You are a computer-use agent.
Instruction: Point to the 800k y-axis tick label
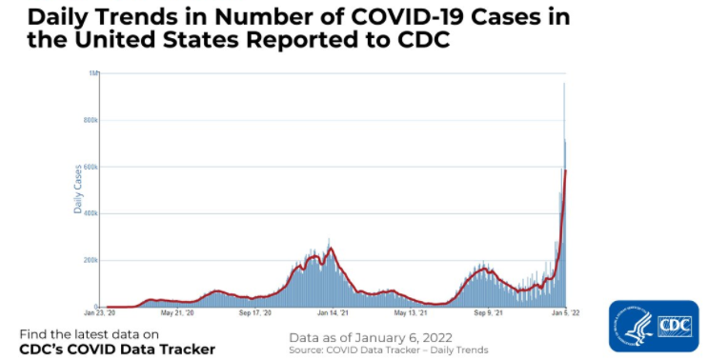(91, 120)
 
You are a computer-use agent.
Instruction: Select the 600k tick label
(91, 167)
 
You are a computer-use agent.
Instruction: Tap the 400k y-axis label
(91, 213)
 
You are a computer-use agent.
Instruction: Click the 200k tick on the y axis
(91, 260)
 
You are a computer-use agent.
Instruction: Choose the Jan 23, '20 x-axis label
(101, 312)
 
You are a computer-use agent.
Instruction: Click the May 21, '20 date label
(178, 312)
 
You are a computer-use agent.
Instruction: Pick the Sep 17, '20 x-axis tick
(255, 312)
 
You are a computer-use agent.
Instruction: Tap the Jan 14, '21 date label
(334, 312)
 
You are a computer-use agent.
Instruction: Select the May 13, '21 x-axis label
(411, 312)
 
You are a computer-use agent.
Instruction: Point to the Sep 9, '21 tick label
(489, 312)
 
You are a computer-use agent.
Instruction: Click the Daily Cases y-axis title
(78, 189)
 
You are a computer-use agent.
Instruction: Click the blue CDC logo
(653, 328)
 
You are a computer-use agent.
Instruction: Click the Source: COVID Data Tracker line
(388, 350)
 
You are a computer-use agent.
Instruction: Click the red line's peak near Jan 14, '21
(331, 250)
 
